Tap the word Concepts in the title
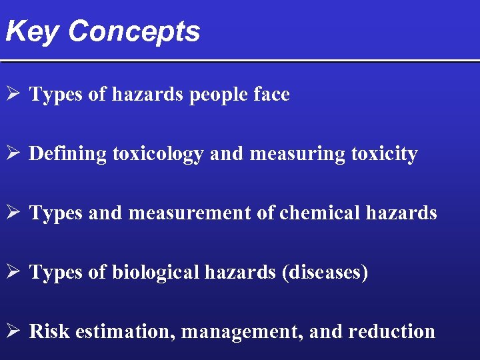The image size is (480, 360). (x=133, y=31)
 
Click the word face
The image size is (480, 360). (x=272, y=95)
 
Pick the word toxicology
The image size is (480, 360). (x=157, y=154)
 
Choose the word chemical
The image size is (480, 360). (x=319, y=213)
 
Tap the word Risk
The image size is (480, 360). (x=50, y=331)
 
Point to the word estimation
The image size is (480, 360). (x=125, y=331)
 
